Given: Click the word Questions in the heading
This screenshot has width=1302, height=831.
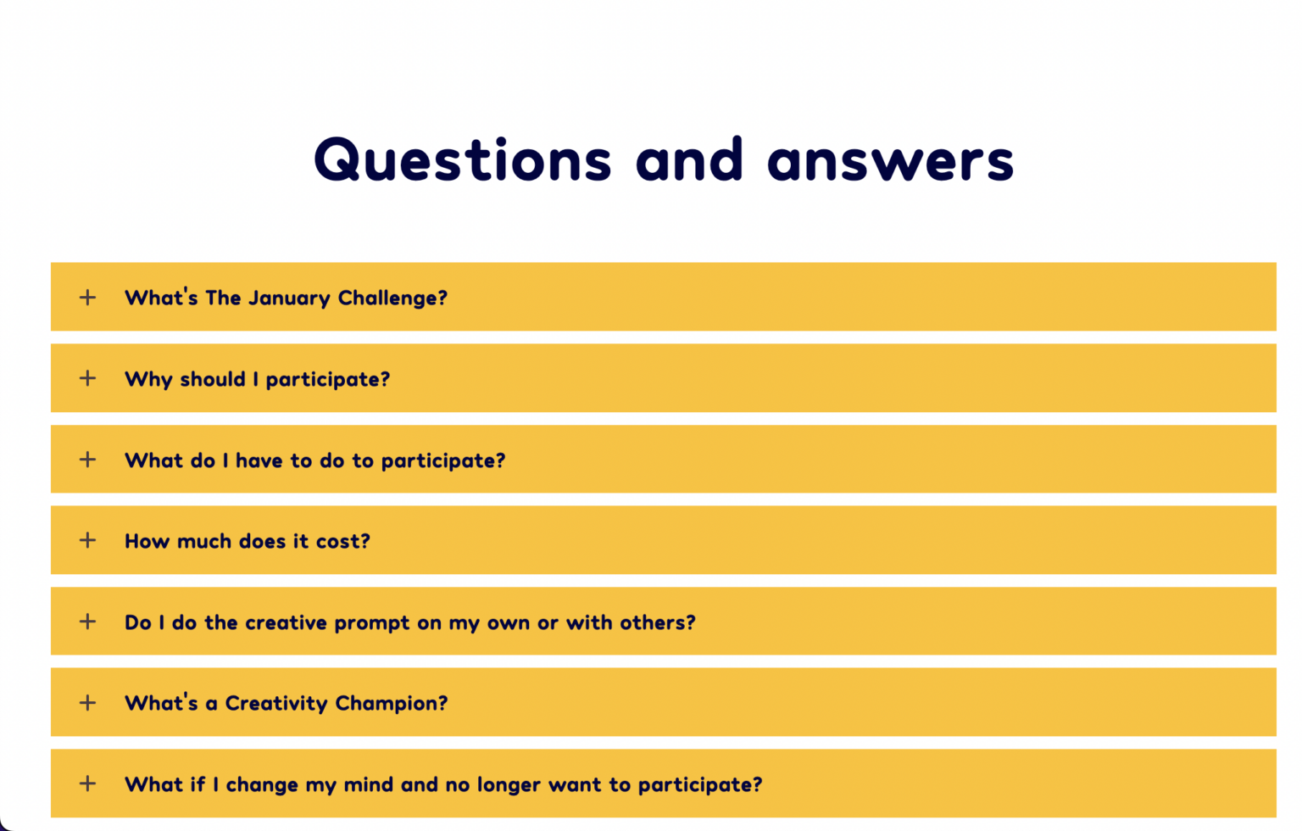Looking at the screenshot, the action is [463, 160].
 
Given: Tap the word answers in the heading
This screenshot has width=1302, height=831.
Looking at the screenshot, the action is [891, 162].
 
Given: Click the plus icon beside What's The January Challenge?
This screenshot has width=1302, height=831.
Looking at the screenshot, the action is [88, 297].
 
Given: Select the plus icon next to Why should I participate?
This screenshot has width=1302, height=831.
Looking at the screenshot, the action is [88, 378].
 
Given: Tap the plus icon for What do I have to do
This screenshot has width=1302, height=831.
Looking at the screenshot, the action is [88, 460].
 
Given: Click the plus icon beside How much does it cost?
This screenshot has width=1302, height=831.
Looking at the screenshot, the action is [88, 540].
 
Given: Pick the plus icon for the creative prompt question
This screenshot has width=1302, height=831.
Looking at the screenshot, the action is [88, 622].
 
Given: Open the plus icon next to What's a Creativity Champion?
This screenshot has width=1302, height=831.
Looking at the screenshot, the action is [88, 702].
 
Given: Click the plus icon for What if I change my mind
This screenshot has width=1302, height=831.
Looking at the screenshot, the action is [88, 784].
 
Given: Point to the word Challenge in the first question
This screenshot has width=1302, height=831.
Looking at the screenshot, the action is [392, 298].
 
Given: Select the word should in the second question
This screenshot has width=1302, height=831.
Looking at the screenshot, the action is [213, 379].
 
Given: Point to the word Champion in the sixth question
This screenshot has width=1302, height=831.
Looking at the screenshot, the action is [392, 704].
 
